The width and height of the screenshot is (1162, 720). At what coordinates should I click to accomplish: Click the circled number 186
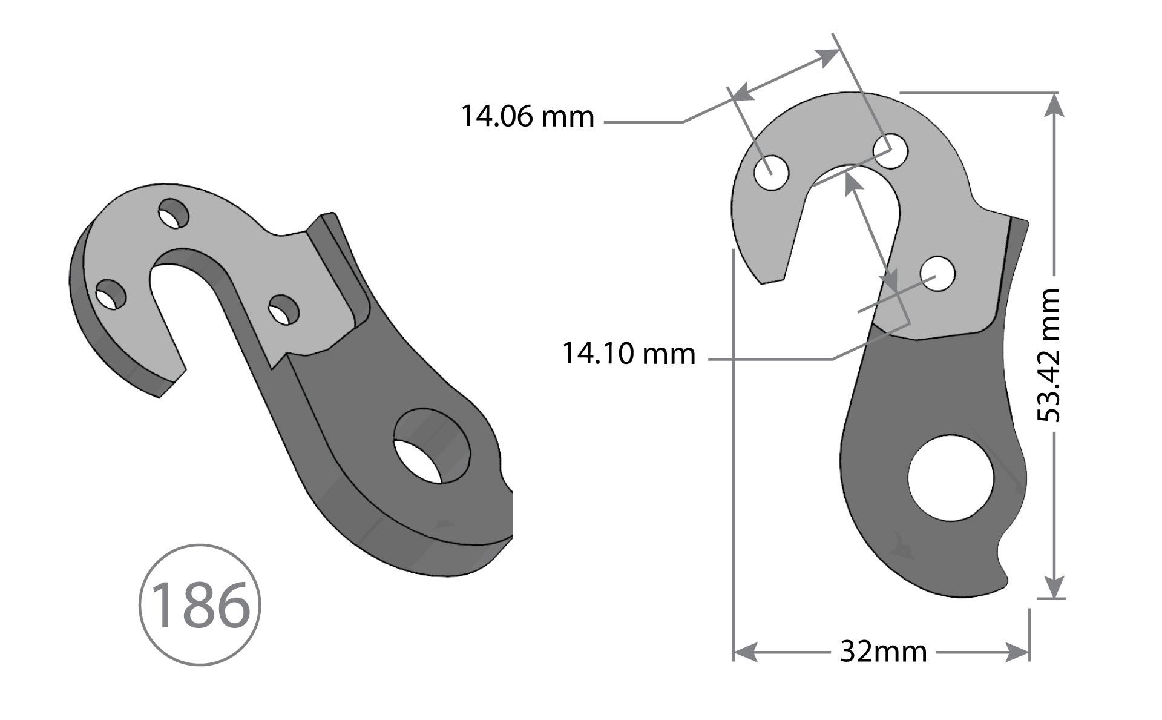click(199, 604)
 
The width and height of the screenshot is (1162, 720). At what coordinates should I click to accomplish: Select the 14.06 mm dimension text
click(527, 116)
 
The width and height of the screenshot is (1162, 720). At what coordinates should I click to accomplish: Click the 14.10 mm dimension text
click(628, 353)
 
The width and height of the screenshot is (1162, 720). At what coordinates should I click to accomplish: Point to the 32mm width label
click(883, 652)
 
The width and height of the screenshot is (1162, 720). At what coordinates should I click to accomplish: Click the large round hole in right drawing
click(951, 478)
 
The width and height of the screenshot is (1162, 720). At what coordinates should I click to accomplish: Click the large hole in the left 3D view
click(431, 446)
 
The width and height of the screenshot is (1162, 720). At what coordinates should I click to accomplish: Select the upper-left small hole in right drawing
click(772, 172)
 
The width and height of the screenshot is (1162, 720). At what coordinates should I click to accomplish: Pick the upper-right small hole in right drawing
click(890, 151)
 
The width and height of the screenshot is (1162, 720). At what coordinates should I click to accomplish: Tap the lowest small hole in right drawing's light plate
click(937, 274)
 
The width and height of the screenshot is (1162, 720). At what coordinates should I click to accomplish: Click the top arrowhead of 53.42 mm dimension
click(1054, 104)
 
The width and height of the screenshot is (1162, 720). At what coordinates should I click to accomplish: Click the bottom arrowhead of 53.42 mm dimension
click(1054, 587)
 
